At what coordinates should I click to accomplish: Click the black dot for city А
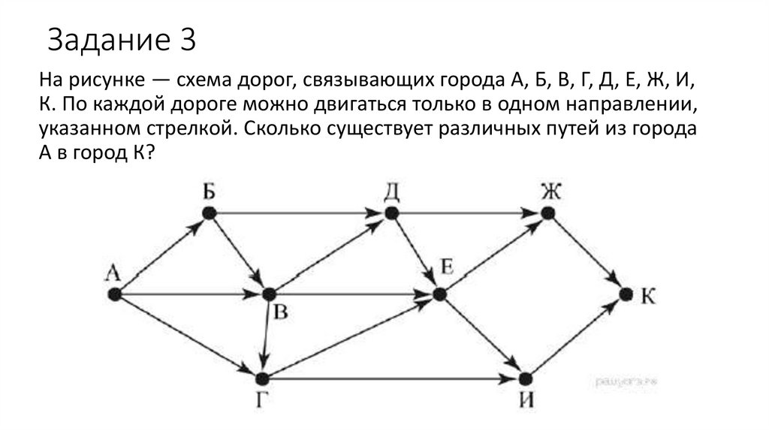(114, 295)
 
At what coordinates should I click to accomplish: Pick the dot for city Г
(262, 378)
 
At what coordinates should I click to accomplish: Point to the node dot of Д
(390, 213)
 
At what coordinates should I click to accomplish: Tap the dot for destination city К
(626, 294)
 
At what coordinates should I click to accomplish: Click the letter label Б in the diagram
(209, 191)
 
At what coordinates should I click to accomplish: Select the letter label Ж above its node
(550, 191)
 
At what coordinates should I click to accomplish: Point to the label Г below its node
(260, 402)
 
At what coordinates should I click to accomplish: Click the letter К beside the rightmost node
(648, 296)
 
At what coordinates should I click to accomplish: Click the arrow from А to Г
(188, 336)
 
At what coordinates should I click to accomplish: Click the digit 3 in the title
(188, 40)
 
